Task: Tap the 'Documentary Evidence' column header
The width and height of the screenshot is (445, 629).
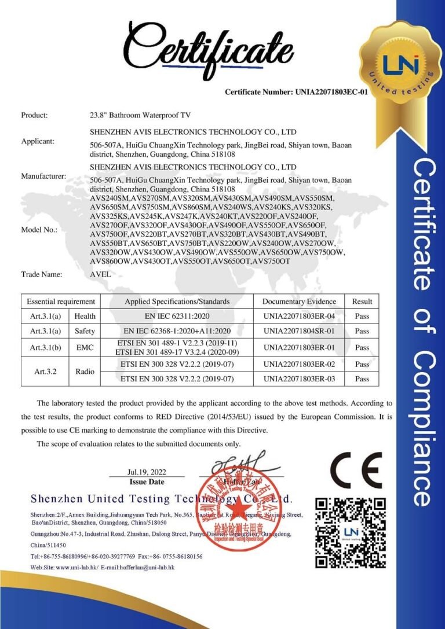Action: click(299, 301)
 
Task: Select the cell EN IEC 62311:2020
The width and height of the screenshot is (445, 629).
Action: click(177, 317)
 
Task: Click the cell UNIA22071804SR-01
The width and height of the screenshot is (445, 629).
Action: click(299, 331)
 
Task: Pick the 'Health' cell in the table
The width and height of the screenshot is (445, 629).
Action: click(85, 317)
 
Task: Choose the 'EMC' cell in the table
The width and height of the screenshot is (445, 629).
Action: click(85, 347)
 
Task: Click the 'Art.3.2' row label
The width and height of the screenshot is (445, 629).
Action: click(46, 372)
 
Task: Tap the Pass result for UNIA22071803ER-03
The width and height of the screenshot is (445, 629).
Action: click(362, 379)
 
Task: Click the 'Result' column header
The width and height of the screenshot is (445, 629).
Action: click(362, 301)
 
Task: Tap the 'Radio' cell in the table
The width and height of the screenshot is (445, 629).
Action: click(85, 372)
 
